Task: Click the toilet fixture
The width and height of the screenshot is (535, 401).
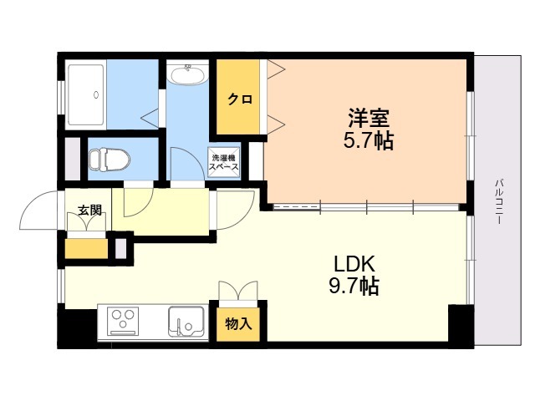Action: (110, 159)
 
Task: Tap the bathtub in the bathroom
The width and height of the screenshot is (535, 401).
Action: (86, 94)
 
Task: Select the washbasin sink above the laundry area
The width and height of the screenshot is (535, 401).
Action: (187, 75)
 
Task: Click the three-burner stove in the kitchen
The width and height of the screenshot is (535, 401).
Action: (123, 322)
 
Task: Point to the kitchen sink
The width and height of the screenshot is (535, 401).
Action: (186, 322)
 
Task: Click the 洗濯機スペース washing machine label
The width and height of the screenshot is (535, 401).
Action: (224, 163)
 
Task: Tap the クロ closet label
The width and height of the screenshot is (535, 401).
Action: (241, 99)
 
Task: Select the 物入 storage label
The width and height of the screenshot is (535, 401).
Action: (238, 323)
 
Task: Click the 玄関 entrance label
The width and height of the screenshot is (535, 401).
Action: (89, 211)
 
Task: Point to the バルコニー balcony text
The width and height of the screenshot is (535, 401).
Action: (498, 201)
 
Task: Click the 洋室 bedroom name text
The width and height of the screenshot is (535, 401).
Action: (369, 118)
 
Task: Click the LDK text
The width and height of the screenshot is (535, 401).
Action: (354, 263)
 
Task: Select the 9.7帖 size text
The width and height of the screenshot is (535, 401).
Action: (354, 286)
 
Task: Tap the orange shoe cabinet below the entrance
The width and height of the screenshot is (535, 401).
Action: (86, 249)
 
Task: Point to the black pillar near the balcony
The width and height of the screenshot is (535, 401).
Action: (461, 325)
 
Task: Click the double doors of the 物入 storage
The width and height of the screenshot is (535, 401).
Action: (238, 291)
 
